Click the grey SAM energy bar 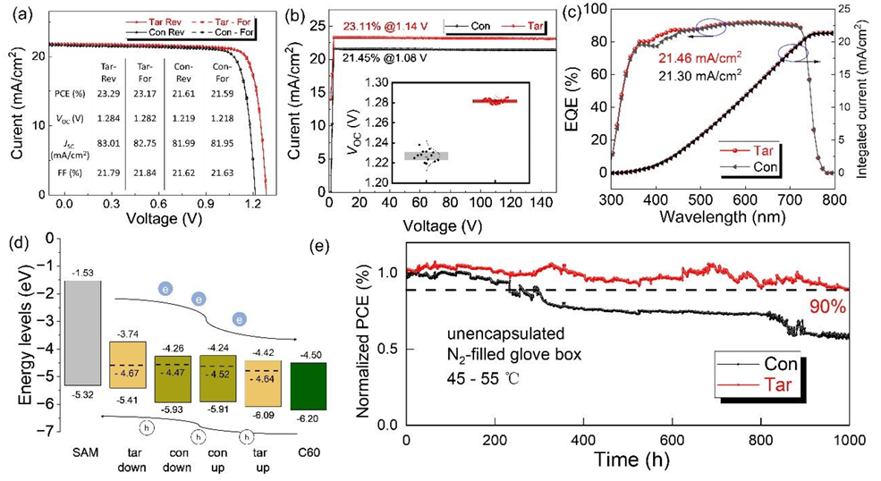pos(82,333)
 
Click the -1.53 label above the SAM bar pos(82,272)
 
